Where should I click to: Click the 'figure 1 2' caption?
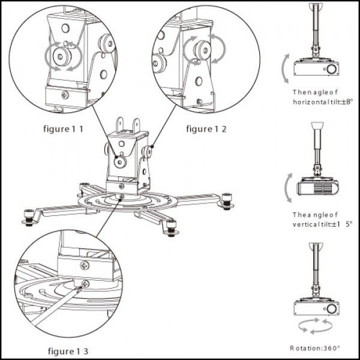(x=206, y=128)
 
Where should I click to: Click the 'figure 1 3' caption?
(x=68, y=350)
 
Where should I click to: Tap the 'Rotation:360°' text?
(x=316, y=347)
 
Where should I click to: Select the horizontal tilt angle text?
(x=316, y=97)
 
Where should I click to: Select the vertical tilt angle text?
(x=316, y=219)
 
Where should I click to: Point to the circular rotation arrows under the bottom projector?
(x=316, y=327)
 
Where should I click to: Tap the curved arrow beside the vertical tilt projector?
(x=289, y=187)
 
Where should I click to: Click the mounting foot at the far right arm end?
(x=226, y=200)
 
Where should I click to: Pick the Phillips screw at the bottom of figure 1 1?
(x=65, y=95)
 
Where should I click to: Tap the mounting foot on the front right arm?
(x=172, y=227)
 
